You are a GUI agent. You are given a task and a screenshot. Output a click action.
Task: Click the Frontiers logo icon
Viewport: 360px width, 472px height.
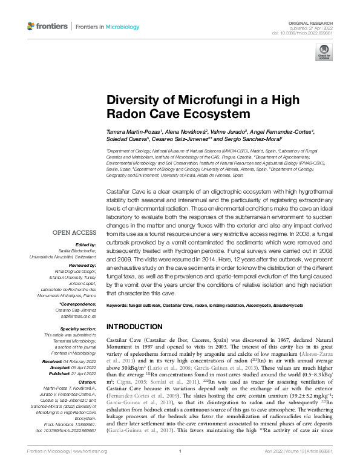click(x=31, y=27)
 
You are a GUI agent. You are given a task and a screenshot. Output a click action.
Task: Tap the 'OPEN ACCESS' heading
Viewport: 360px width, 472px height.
click(x=74, y=232)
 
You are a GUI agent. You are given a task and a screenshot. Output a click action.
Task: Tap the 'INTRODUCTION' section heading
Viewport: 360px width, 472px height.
click(x=134, y=326)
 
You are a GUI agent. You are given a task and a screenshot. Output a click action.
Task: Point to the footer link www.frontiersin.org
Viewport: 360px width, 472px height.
click(x=91, y=467)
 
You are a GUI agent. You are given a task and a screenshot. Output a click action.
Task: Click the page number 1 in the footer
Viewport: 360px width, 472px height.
click(x=180, y=467)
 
